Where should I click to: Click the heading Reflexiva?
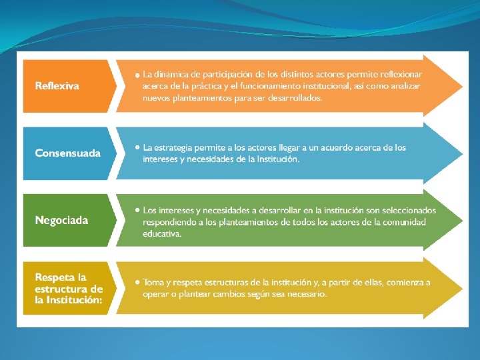click(57, 86)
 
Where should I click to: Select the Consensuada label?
click(67, 153)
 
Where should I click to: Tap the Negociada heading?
click(61, 220)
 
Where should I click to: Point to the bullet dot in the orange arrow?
click(137, 75)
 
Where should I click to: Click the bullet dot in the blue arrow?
click(137, 147)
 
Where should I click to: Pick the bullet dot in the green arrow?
click(137, 210)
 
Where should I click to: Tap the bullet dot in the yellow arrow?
click(137, 282)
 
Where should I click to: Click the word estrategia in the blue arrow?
click(173, 148)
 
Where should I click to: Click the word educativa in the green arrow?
click(162, 234)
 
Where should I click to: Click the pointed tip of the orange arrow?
click(462, 86)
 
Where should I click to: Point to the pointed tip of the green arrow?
click(462, 221)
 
